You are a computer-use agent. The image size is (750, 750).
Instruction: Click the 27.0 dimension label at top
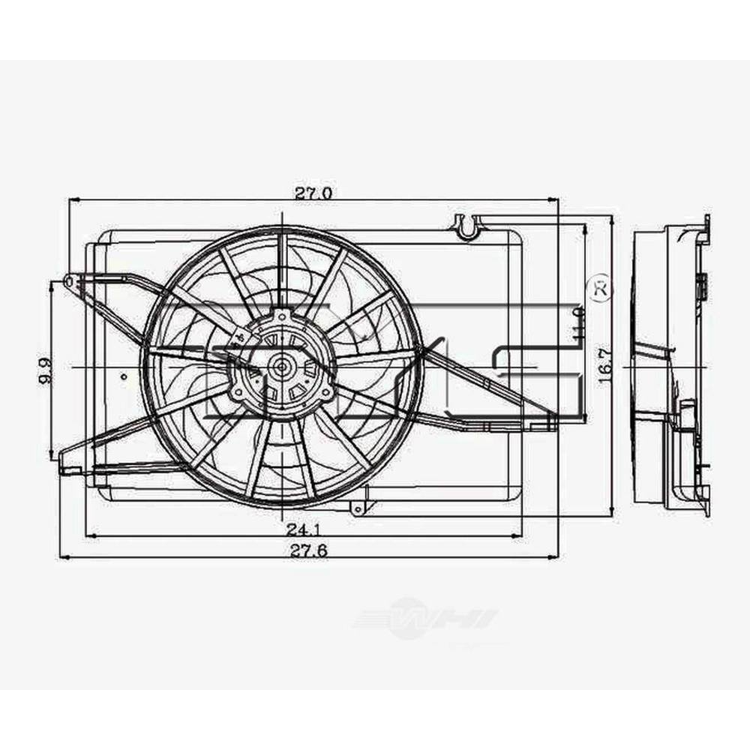point(313,193)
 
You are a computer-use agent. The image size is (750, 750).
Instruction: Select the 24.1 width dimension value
point(300,529)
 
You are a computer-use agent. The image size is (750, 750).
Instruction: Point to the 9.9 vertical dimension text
point(44,370)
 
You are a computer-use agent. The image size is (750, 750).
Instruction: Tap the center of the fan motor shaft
point(282,367)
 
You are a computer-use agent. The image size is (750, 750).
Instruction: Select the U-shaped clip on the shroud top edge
point(467,225)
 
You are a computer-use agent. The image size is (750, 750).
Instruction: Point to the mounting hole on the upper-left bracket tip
point(69,281)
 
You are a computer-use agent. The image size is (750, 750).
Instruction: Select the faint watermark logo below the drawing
point(425,619)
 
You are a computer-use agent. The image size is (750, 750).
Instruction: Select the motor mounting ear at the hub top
point(282,315)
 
